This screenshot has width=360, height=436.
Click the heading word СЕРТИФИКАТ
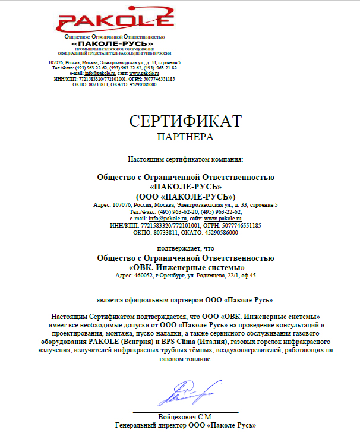[x=185, y=121]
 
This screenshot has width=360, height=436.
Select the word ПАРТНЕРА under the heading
[x=185, y=137]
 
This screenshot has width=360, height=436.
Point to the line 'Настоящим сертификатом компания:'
[x=185, y=159]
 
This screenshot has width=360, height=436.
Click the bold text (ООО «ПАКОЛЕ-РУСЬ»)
[x=185, y=196]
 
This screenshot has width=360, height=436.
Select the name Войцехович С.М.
[x=185, y=416]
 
